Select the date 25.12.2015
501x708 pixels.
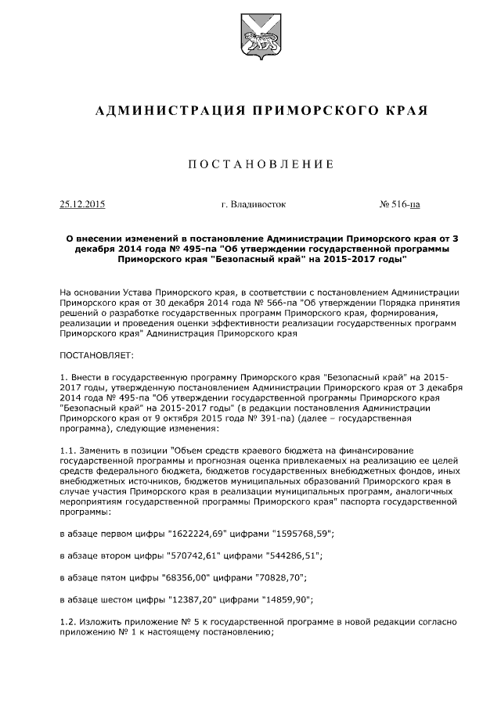click(x=82, y=205)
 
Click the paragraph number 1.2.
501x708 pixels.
click(x=67, y=622)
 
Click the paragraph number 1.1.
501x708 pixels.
click(x=67, y=451)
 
